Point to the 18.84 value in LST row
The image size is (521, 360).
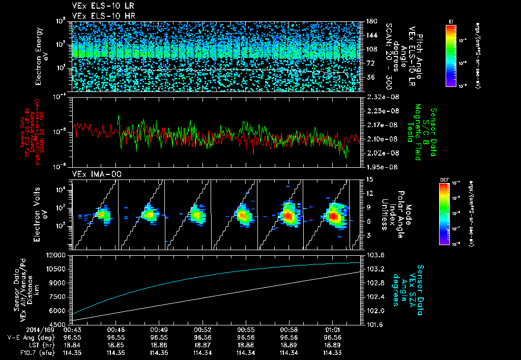[73, 344]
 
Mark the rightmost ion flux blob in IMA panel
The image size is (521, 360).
[335, 216]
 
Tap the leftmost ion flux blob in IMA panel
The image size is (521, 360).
[103, 215]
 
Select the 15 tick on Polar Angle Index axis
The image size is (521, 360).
[369, 179]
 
